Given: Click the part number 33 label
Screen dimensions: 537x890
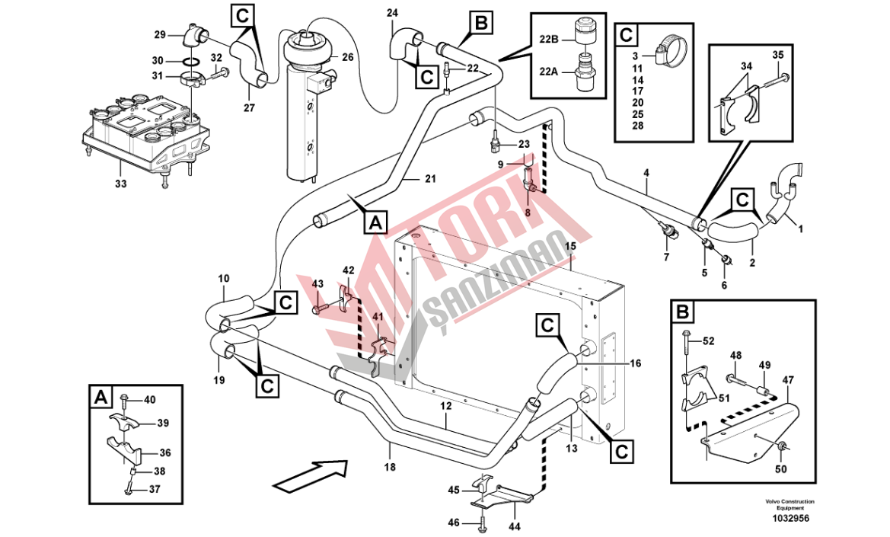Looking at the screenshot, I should [x=121, y=184].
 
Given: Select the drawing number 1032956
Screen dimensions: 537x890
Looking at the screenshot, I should [x=790, y=519].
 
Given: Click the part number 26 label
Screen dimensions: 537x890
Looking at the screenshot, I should [x=347, y=57].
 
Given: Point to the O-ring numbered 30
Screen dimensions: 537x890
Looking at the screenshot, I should [x=192, y=61].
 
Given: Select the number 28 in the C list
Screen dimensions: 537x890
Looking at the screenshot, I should [x=637, y=126].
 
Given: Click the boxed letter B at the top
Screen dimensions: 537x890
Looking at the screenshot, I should [x=481, y=23].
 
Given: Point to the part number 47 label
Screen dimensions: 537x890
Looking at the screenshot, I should [x=788, y=379].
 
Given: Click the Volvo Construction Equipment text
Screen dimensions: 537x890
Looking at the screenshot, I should [x=790, y=504].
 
